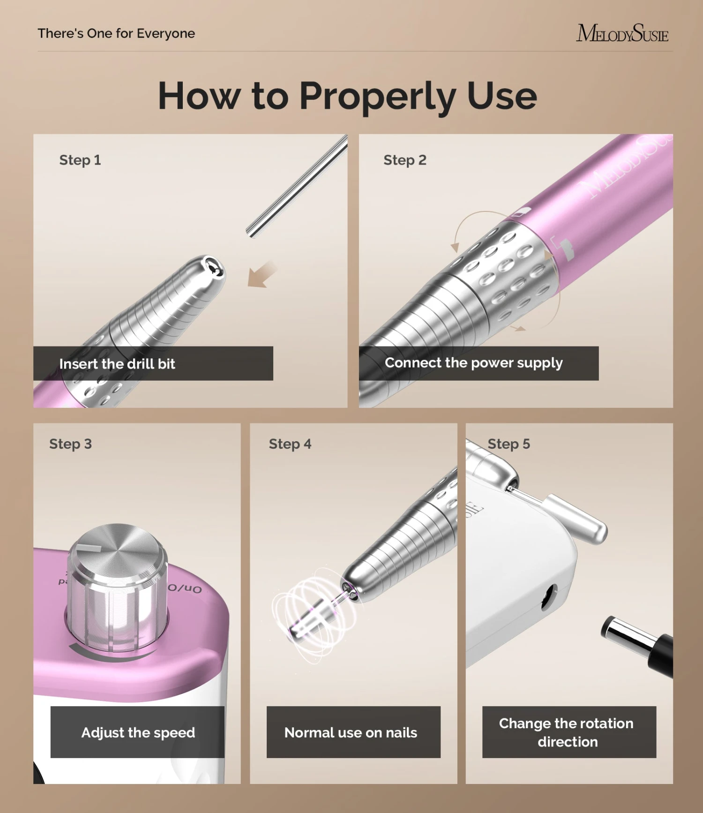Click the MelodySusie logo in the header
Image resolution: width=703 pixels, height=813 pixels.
[x=622, y=33]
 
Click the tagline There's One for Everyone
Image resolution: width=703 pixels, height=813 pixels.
[x=116, y=33]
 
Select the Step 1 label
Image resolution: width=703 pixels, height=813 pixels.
[x=80, y=160]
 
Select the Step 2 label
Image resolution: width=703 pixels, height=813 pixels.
[x=405, y=160]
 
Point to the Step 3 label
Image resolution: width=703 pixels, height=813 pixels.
[x=70, y=444]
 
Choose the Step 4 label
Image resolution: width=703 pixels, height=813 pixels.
[x=290, y=444]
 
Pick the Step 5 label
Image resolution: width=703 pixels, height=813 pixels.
[x=509, y=444]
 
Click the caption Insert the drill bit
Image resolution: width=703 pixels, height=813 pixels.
[x=117, y=364]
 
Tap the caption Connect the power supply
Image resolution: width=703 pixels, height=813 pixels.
[x=474, y=363]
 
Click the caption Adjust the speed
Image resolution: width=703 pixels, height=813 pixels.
[x=138, y=732]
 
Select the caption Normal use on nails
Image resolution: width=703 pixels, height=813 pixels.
[x=351, y=732]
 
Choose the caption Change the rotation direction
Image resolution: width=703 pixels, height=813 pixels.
[x=567, y=732]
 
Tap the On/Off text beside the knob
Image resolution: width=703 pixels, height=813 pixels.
[x=186, y=588]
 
